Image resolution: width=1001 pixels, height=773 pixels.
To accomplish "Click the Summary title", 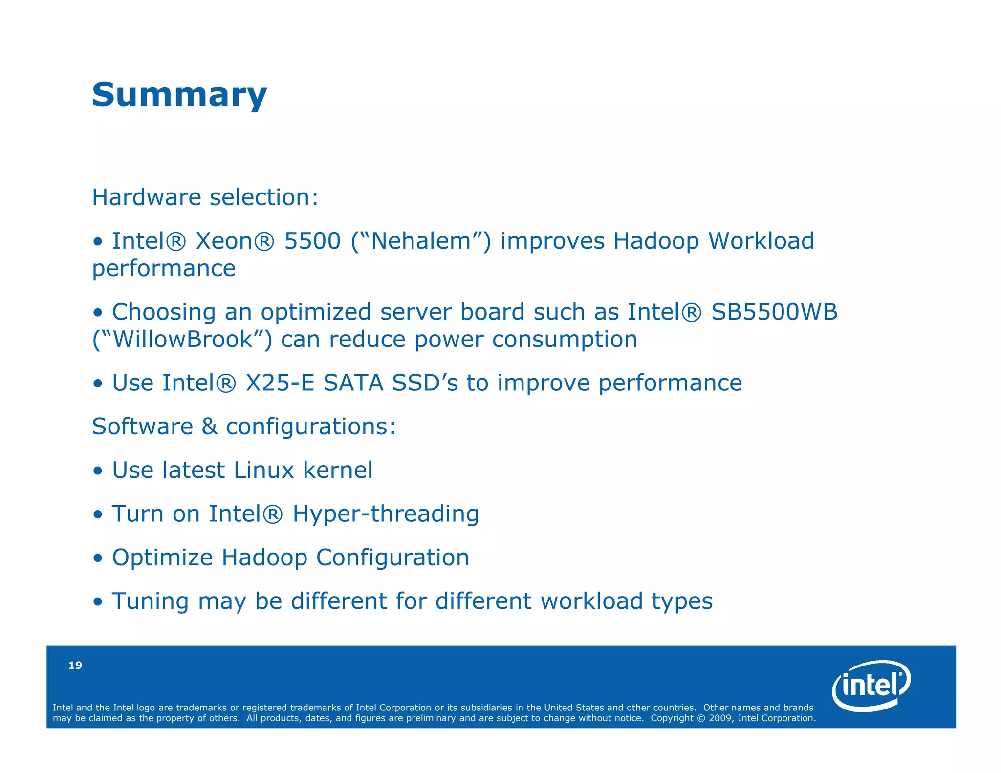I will (179, 95).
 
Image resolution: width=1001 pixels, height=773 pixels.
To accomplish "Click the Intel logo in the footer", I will (871, 685).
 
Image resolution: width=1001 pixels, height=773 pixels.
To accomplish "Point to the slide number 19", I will (75, 665).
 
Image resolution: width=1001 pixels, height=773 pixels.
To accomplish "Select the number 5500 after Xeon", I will (312, 241).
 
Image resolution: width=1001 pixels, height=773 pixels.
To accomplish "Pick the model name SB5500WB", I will (774, 312).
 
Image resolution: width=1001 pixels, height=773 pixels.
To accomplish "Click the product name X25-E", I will (280, 383).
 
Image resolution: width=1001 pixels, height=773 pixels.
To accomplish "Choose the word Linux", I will (264, 470).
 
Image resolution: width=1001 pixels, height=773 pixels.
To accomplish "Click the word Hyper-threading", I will (386, 514).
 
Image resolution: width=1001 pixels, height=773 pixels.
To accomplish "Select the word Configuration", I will (392, 558).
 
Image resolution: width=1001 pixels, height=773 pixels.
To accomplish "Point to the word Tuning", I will (150, 601).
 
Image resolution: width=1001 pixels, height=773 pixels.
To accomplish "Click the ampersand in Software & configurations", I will (209, 427).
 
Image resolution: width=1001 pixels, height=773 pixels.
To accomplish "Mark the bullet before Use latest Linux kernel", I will (98, 471).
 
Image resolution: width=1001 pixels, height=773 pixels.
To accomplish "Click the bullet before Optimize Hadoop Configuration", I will (98, 558).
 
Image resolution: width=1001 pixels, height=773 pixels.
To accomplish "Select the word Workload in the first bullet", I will (761, 241).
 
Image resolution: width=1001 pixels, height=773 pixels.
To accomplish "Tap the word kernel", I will (338, 470).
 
